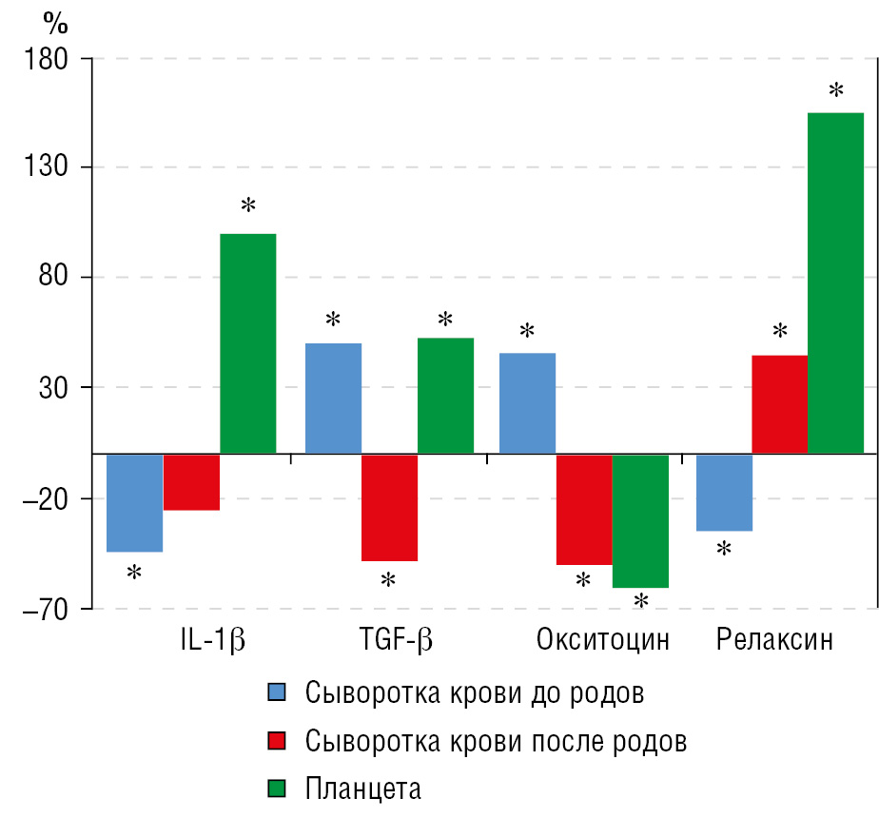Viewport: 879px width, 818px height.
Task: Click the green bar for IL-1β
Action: pyautogui.click(x=248, y=343)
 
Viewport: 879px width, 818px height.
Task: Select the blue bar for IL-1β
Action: pyautogui.click(x=134, y=502)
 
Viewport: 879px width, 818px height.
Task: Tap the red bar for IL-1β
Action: pyautogui.click(x=191, y=482)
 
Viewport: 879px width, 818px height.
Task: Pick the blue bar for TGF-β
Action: pyautogui.click(x=333, y=398)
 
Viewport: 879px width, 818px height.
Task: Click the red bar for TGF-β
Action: pyautogui.click(x=389, y=507)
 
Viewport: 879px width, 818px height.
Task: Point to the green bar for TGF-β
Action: pyautogui.click(x=445, y=395)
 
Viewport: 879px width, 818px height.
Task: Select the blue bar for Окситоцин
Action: pyautogui.click(x=527, y=402)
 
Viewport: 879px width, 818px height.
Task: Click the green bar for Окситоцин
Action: pyautogui.click(x=640, y=520)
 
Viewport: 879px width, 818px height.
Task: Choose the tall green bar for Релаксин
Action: pyautogui.click(x=836, y=282)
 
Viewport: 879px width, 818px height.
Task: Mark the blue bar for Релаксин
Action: pyautogui.click(x=725, y=492)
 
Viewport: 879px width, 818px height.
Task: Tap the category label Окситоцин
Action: pyautogui.click(x=603, y=639)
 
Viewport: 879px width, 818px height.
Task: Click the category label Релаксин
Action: pyautogui.click(x=774, y=639)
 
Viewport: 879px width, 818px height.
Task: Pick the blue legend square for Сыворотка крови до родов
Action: pyautogui.click(x=277, y=692)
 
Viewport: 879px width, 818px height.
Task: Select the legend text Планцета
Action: pyautogui.click(x=362, y=789)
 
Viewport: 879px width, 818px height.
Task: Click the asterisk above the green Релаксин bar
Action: pyautogui.click(x=836, y=91)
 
